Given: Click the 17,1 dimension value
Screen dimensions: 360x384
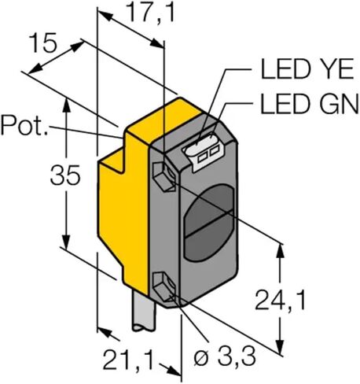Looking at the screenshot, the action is tap(151, 13).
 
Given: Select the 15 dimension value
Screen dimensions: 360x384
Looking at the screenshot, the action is tap(43, 42).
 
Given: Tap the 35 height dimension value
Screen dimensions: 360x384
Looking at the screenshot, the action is tap(65, 175).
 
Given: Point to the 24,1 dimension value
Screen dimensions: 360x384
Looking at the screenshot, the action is tap(280, 300).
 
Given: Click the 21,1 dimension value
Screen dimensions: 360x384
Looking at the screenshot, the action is tap(127, 359).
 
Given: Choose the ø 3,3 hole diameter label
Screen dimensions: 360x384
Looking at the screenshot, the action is tap(225, 357).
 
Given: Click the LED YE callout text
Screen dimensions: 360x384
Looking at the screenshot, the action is tap(307, 68).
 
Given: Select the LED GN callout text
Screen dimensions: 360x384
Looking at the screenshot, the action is tap(309, 103).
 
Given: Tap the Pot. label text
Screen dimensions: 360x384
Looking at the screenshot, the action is tap(24, 126).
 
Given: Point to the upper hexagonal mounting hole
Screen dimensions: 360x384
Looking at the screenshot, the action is tap(164, 176).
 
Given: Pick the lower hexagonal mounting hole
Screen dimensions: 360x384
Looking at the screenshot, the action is tap(164, 286).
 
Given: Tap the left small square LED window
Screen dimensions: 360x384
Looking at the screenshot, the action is tap(203, 158).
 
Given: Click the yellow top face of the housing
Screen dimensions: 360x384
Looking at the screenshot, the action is tap(164, 117).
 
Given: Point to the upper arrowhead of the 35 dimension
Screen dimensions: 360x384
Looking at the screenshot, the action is tap(66, 104).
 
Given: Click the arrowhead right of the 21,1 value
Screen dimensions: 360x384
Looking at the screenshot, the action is tap(173, 371).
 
